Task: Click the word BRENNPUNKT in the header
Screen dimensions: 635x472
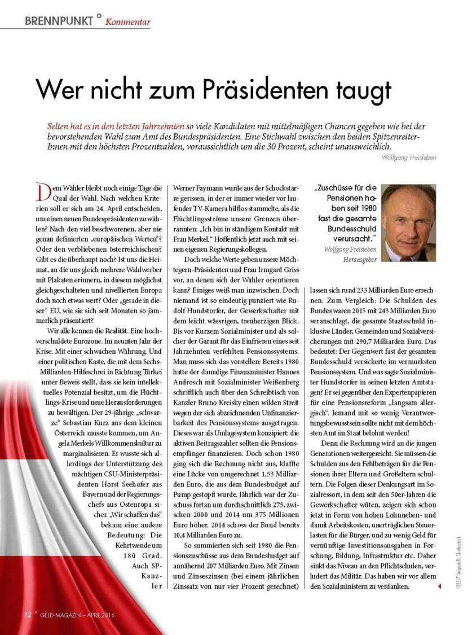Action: click(x=59, y=21)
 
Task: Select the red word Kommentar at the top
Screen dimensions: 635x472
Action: click(x=128, y=22)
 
